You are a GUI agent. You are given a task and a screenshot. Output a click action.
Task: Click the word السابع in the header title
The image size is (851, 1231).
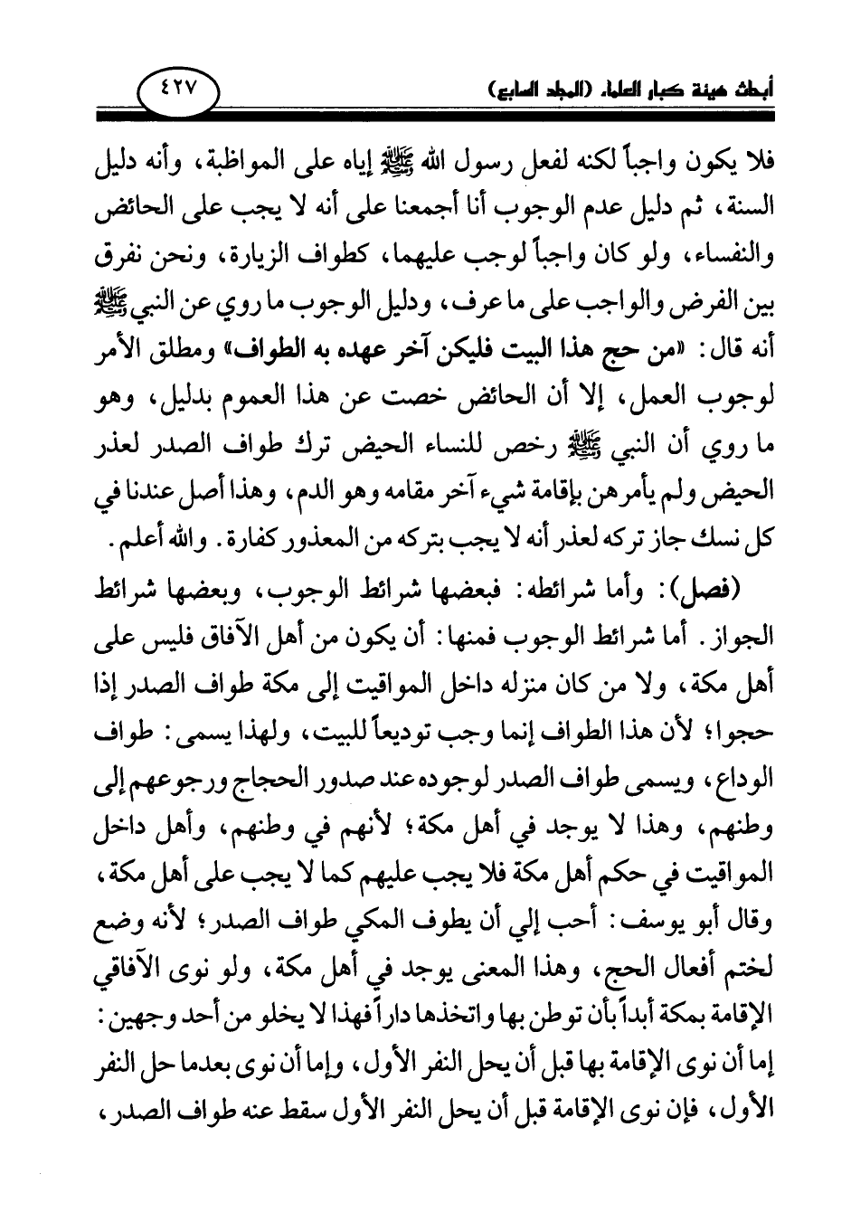point(503,90)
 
